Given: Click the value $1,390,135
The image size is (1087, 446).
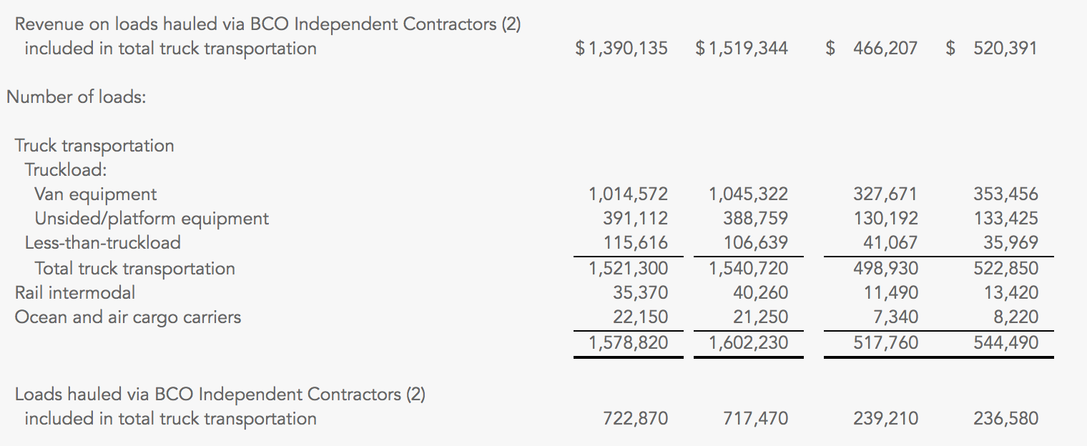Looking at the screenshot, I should pyautogui.click(x=621, y=49).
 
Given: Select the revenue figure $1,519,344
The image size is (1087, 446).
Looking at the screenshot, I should pyautogui.click(x=742, y=49).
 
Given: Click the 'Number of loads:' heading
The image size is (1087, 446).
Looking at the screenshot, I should pyautogui.click(x=77, y=97).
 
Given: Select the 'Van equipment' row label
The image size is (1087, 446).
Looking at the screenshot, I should pyautogui.click(x=95, y=194).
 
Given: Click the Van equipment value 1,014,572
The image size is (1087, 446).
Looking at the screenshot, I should pyautogui.click(x=628, y=194).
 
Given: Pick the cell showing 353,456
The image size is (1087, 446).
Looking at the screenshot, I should pyautogui.click(x=1005, y=194).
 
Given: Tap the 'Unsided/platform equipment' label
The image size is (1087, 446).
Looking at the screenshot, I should pyautogui.click(x=152, y=219).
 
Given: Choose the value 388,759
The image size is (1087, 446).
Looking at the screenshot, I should pyautogui.click(x=755, y=219).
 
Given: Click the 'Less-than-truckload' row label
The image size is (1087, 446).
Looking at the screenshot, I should pyautogui.click(x=102, y=243).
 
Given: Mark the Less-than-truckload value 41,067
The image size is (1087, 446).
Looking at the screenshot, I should pyautogui.click(x=890, y=243).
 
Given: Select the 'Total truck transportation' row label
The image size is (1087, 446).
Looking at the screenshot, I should pyautogui.click(x=134, y=269).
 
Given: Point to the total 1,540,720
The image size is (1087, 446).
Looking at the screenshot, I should pyautogui.click(x=748, y=269).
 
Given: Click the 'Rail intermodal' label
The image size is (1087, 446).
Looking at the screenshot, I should pyautogui.click(x=75, y=292).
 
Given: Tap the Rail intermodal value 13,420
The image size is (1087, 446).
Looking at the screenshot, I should pyautogui.click(x=1010, y=292).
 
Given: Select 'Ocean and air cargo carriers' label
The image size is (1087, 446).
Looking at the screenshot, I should pyautogui.click(x=128, y=317).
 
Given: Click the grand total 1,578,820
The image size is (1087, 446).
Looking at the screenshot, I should pyautogui.click(x=628, y=343).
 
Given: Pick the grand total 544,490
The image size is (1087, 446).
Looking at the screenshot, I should pyautogui.click(x=1005, y=343).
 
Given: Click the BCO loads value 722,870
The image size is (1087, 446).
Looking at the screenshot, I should pyautogui.click(x=635, y=419).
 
